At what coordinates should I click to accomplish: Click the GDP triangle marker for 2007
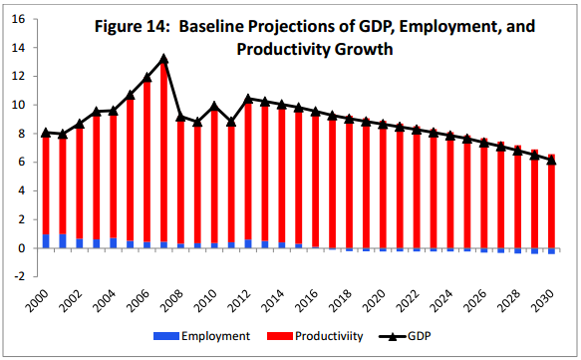pyautogui.click(x=163, y=59)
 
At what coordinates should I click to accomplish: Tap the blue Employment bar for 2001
pyautogui.click(x=63, y=241)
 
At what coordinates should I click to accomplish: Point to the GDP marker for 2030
pyautogui.click(x=551, y=160)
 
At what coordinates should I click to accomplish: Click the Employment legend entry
pyautogui.click(x=202, y=336)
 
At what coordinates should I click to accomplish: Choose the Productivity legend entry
pyautogui.click(x=315, y=336)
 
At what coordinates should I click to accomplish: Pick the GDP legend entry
pyautogui.click(x=405, y=336)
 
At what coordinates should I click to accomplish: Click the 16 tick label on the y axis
pyautogui.click(x=18, y=19)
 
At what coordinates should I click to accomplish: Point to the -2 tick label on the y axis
pyautogui.click(x=19, y=276)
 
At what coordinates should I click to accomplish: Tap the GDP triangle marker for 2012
pyautogui.click(x=248, y=99)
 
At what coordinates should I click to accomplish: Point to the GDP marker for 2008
pyautogui.click(x=180, y=117)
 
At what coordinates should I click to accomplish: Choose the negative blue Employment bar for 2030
pyautogui.click(x=551, y=251)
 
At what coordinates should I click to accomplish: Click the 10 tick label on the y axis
pyautogui.click(x=18, y=105)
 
